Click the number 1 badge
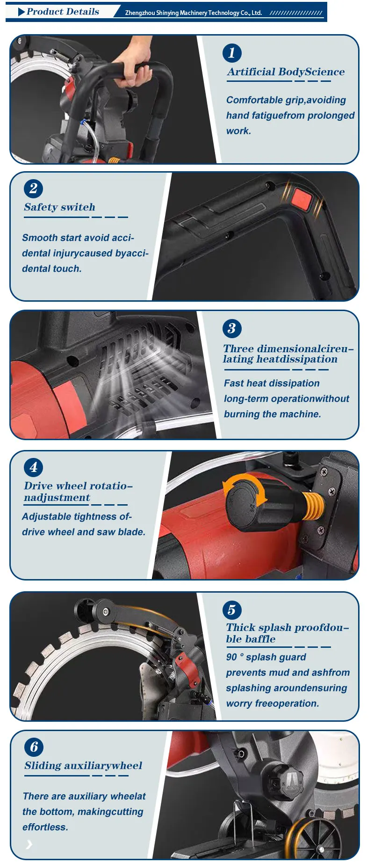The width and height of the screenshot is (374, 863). [232, 53]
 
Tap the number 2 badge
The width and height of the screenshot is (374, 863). [33, 189]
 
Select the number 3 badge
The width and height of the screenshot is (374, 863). [232, 328]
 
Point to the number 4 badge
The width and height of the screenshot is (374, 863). [33, 467]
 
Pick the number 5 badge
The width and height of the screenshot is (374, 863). [232, 610]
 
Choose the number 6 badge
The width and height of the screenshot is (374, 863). [34, 747]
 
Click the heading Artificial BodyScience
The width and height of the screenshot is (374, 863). [286, 72]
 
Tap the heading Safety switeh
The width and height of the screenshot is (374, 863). [59, 207]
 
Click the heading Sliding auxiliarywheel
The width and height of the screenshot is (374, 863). [83, 766]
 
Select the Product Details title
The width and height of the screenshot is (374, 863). [63, 12]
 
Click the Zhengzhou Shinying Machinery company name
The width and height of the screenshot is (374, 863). [193, 13]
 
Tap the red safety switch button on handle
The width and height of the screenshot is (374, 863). [302, 199]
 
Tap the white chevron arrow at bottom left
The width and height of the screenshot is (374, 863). [29, 844]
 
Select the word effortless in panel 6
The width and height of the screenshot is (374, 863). [45, 827]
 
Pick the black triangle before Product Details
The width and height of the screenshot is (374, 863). [22, 12]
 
